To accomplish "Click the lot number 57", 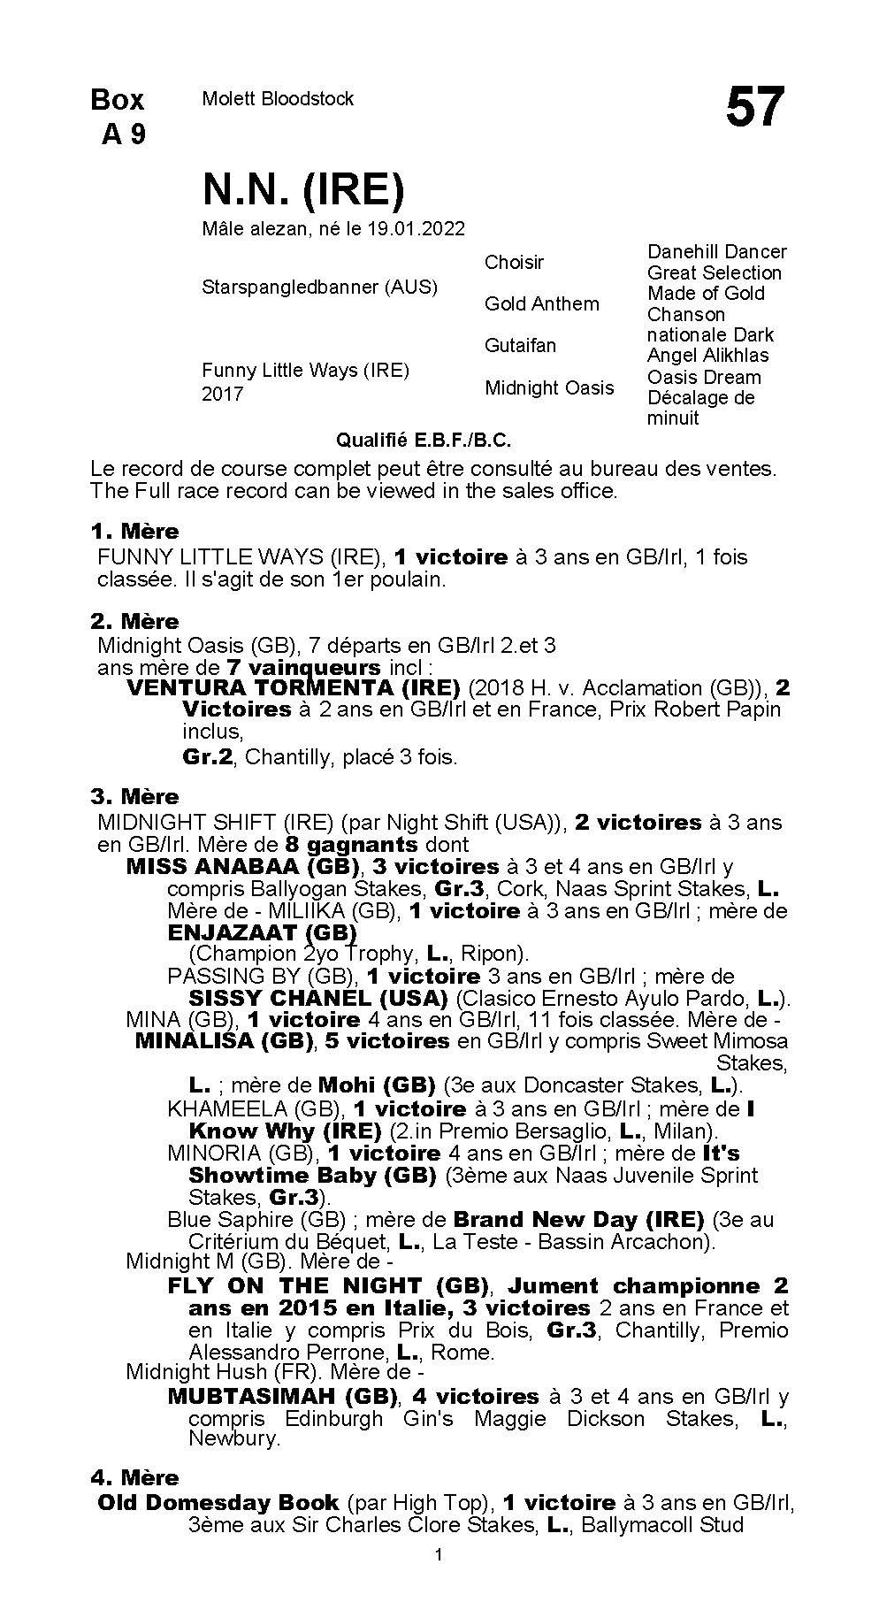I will click(754, 108).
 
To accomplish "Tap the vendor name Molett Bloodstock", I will click(278, 99).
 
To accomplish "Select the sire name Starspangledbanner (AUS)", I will click(319, 287).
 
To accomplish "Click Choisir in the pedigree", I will click(514, 262).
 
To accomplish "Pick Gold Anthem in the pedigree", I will click(541, 303).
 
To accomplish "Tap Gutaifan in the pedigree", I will click(520, 345).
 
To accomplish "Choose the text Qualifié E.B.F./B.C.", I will click(424, 440).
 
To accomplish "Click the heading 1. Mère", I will click(134, 532).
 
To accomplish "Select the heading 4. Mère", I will click(134, 1477).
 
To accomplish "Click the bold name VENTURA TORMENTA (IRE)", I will click(294, 687).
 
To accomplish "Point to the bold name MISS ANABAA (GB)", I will click(243, 866).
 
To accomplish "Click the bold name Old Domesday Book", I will click(218, 1502).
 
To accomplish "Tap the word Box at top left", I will click(118, 100).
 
